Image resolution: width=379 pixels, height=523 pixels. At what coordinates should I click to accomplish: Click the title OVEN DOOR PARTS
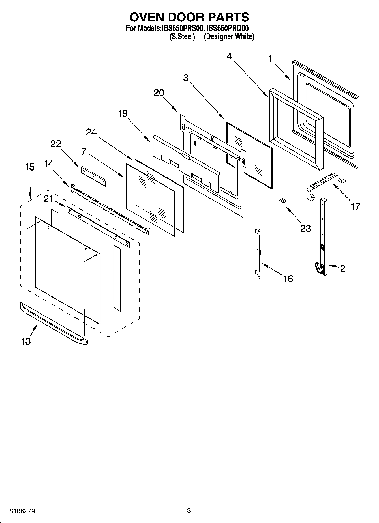click(x=189, y=17)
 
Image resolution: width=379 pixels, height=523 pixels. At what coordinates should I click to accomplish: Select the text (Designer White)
click(x=229, y=36)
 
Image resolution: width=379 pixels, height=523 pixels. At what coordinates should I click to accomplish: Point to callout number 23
click(x=305, y=228)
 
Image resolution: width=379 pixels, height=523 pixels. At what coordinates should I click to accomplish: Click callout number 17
click(x=356, y=206)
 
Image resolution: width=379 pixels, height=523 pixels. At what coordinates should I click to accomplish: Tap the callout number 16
click(x=288, y=279)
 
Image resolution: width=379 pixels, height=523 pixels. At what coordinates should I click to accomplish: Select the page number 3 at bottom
click(x=189, y=511)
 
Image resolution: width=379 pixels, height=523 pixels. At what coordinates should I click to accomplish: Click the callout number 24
click(x=91, y=132)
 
